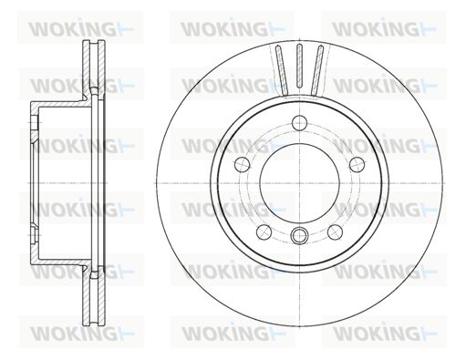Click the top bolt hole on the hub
tap(299, 123)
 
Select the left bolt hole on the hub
tap(243, 165)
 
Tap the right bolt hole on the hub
tap(357, 165)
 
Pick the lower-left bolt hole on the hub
tap(264, 232)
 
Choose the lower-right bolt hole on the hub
tap(335, 232)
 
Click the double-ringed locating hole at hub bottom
tap(299, 235)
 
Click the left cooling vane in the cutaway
tap(282, 69)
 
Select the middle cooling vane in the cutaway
tap(299, 67)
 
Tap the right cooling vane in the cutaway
tap(317, 69)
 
